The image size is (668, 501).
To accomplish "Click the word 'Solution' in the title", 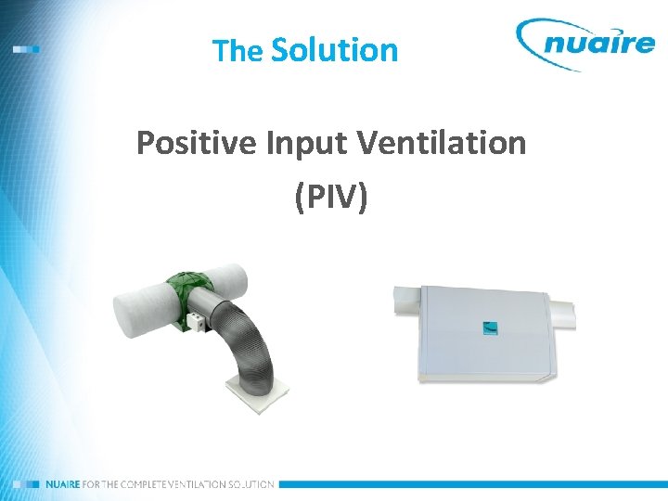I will [334, 49].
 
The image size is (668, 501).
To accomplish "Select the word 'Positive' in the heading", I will [196, 143].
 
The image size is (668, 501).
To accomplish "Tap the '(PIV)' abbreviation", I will [331, 196].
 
